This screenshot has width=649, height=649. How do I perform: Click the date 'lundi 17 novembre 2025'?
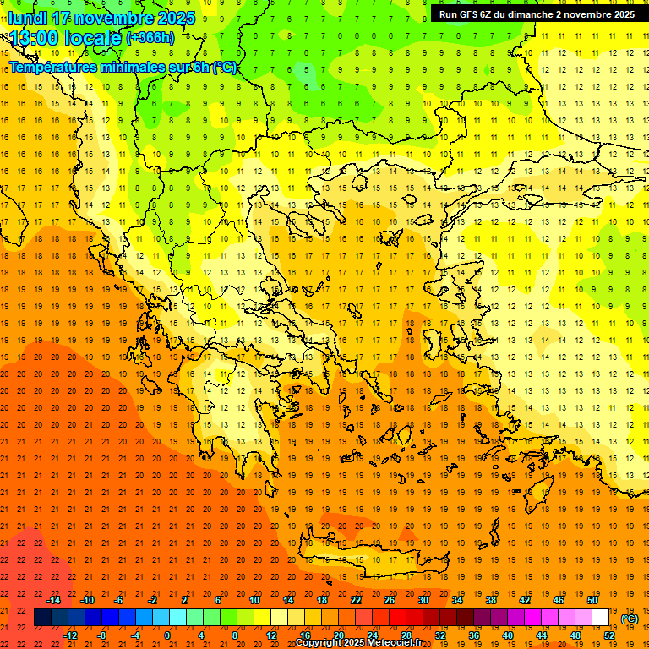pyautogui.click(x=101, y=18)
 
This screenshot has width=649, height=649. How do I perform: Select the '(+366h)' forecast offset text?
pyautogui.click(x=150, y=38)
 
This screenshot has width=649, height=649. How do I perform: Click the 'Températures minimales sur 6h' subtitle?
pyautogui.click(x=123, y=67)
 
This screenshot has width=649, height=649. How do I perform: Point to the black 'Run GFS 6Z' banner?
pyautogui.click(x=537, y=14)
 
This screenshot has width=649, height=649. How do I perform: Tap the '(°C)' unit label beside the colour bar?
pyautogui.click(x=630, y=619)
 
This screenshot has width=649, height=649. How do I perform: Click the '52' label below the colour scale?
pyautogui.click(x=609, y=635)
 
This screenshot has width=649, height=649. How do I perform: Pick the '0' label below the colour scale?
pyautogui.click(x=167, y=635)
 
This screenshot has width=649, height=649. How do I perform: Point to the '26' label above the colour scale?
pyautogui.click(x=389, y=600)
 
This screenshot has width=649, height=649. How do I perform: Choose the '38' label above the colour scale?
pyautogui.click(x=490, y=600)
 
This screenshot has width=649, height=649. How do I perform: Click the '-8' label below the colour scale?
pyautogui.click(x=101, y=635)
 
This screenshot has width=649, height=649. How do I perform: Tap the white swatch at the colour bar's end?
pyautogui.click(x=600, y=618)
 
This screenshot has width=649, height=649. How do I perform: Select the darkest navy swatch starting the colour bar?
pyautogui.click(x=42, y=618)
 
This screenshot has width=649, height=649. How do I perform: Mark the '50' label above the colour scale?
pyautogui.click(x=592, y=600)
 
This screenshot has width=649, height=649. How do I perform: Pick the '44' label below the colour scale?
pyautogui.click(x=542, y=635)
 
